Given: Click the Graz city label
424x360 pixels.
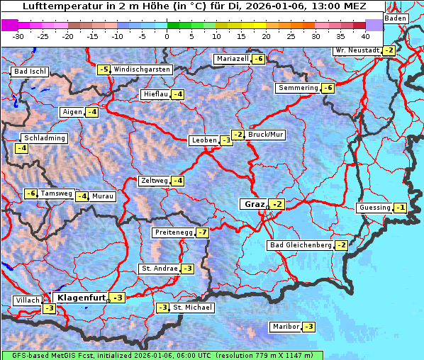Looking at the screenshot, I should [253, 204].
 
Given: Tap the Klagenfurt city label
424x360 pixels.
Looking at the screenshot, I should [81, 298].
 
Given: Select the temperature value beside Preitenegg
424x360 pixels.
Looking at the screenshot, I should [203, 232].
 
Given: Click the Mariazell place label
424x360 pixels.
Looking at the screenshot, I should [233, 59].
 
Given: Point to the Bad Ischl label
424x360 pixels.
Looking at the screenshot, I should [30, 72].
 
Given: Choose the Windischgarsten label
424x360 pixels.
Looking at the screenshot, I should [142, 69].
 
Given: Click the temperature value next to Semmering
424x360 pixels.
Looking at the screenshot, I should [328, 88].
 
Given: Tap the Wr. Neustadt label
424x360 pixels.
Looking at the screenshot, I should [357, 50].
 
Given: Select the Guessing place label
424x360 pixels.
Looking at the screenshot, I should [374, 208].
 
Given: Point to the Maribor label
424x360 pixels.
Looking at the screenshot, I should [284, 327].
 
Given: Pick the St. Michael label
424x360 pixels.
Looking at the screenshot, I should [191, 308].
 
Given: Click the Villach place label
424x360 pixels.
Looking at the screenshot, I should [27, 300].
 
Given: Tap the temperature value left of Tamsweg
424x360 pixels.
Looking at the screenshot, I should [30, 193].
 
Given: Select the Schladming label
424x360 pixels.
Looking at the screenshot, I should [44, 138].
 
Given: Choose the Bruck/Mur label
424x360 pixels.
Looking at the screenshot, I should [266, 135].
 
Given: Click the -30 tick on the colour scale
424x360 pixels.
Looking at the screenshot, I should [18, 35].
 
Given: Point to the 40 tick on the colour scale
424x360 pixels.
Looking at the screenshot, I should [365, 35].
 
